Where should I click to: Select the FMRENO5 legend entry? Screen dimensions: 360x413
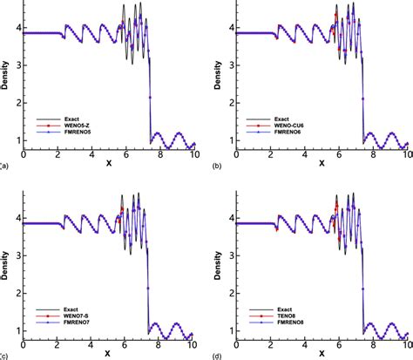(70, 132)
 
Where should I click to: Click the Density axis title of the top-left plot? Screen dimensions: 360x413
(7, 76)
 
